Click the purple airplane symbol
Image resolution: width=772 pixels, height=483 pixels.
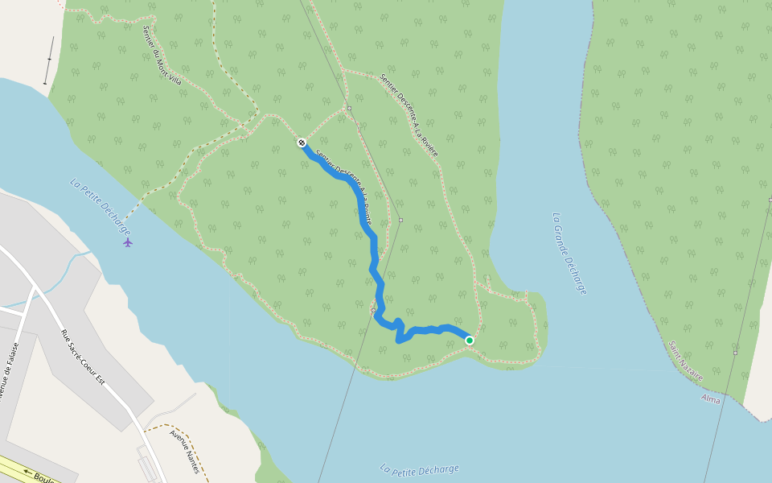click(x=128, y=242)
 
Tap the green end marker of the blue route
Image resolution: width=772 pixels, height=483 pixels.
click(x=470, y=341)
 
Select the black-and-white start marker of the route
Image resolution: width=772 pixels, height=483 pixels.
click(x=302, y=142)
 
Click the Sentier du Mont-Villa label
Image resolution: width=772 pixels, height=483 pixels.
click(x=162, y=56)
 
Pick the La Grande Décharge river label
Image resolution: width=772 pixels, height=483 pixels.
click(x=569, y=253)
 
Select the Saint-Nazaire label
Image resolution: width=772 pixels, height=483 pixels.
click(x=686, y=360)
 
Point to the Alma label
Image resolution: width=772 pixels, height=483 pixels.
click(x=711, y=398)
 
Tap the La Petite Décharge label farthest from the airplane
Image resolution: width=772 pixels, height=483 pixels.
click(x=419, y=469)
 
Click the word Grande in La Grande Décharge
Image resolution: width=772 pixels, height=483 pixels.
click(x=565, y=244)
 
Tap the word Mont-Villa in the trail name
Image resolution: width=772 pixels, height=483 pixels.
click(x=170, y=69)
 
